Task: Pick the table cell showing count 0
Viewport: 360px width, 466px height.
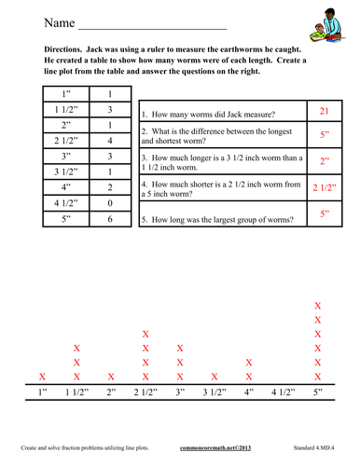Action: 110,202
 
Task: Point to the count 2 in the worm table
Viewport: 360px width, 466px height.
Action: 110,187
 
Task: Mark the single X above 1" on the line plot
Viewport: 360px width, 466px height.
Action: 42,377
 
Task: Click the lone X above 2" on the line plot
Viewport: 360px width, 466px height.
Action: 111,377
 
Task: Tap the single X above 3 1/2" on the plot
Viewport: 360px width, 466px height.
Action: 215,377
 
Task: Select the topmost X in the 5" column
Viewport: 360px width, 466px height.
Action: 318,306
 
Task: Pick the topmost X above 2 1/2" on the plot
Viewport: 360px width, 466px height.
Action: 145,334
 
